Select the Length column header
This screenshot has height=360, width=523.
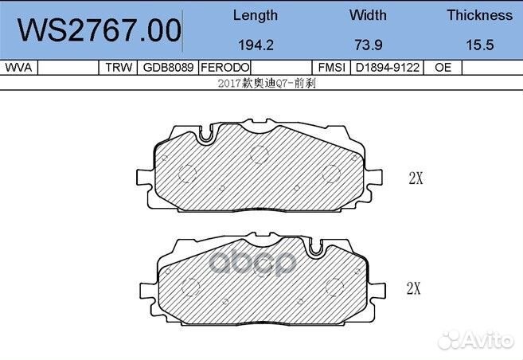pyautogui.click(x=255, y=15)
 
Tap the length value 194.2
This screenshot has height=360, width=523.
pyautogui.click(x=255, y=45)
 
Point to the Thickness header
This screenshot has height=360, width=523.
pyautogui.click(x=479, y=15)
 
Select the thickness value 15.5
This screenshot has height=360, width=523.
pyautogui.click(x=479, y=45)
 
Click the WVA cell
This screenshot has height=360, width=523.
pyautogui.click(x=18, y=68)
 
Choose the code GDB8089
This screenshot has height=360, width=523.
pyautogui.click(x=166, y=68)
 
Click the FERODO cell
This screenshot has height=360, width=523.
pyautogui.click(x=225, y=68)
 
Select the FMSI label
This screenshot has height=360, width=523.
pyautogui.click(x=330, y=68)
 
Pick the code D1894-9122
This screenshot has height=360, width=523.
pyautogui.click(x=388, y=68)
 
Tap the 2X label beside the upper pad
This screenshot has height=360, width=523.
pyautogui.click(x=415, y=178)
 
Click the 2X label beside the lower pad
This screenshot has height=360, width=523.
pyautogui.click(x=413, y=289)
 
